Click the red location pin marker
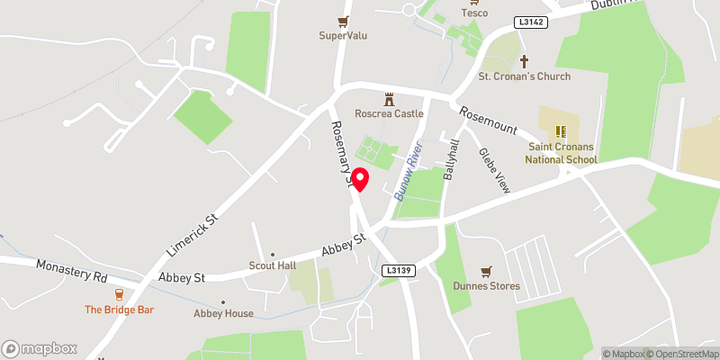coord(359,179)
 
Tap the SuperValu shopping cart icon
coord(343,22)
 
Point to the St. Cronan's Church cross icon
coord(525,62)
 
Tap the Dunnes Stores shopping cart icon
coord(487,271)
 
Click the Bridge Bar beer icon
coord(118,294)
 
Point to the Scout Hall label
coord(273,265)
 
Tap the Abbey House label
coord(223,313)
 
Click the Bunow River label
coord(410,166)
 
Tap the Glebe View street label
coord(494,170)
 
